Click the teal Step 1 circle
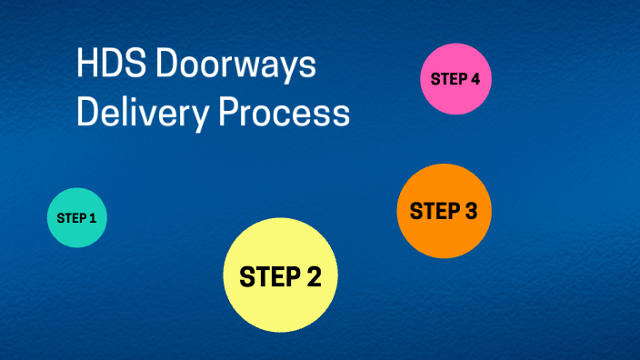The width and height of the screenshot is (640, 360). [x=77, y=218]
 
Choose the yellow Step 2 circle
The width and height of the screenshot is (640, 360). [x=280, y=275]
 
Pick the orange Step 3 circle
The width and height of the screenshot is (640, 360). [x=444, y=211]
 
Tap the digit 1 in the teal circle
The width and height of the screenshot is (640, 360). [x=93, y=218]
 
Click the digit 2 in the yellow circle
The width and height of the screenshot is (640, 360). [x=313, y=276]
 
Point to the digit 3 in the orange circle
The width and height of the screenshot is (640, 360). [x=469, y=211]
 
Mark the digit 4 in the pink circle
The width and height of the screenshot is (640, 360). [x=475, y=79]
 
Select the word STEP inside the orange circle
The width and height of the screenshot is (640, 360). [x=434, y=211]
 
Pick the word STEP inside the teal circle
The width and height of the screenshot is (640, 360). [x=71, y=218]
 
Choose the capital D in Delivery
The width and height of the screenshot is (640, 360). [x=87, y=114]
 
